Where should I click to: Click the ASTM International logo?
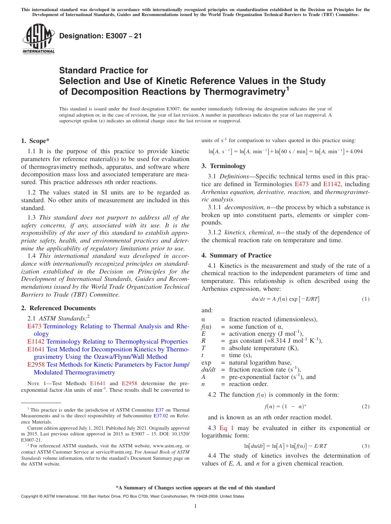click(38, 39)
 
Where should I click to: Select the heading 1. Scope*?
click(35, 140)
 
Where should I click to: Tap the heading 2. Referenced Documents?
click(58, 308)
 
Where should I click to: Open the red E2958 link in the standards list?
click(36, 365)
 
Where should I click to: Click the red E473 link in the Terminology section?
click(303, 184)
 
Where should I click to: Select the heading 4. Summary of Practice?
click(236, 255)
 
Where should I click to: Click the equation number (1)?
click(365, 299)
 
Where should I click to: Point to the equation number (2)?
click(365, 407)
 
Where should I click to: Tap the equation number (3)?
click(365, 446)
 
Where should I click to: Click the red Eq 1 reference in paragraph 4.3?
click(226, 428)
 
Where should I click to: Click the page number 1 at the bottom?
click(195, 506)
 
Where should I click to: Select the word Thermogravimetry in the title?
click(241, 92)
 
